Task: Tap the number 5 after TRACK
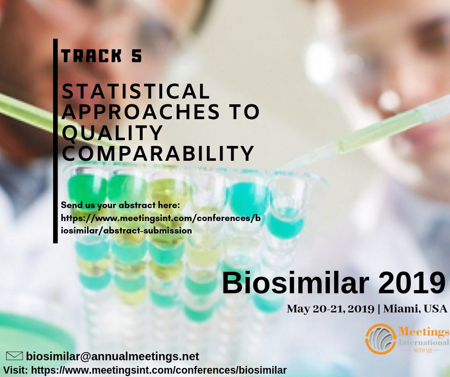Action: (136, 56)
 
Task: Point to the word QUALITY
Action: (112, 133)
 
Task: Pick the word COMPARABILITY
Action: (158, 153)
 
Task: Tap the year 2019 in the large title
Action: (406, 283)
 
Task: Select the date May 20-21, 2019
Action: (330, 309)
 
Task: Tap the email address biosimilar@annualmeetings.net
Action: (112, 356)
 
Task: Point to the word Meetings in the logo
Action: (424, 332)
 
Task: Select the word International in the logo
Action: (424, 343)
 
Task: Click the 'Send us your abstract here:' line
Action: (120, 206)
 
